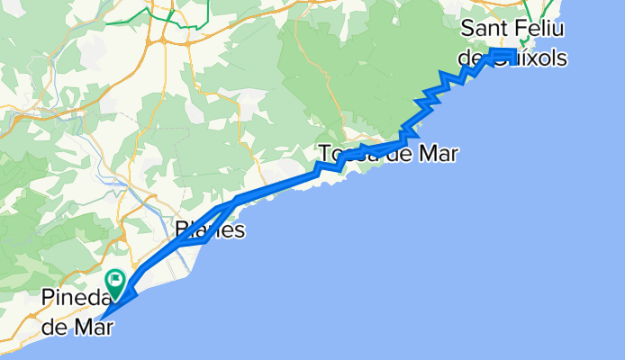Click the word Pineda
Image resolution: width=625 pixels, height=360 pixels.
74,298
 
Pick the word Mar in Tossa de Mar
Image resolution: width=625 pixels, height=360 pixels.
437,154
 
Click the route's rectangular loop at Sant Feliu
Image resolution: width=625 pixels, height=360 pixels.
503,57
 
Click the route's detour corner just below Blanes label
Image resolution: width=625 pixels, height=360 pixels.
205,240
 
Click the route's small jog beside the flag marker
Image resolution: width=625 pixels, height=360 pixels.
131,292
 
